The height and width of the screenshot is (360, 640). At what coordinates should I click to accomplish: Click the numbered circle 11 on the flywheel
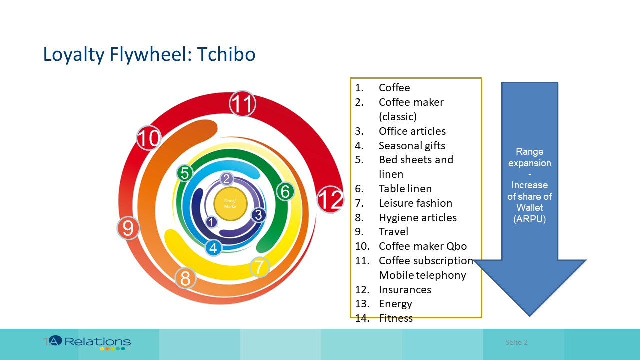(242, 105)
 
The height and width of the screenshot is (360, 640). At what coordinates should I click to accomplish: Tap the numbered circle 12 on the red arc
(330, 199)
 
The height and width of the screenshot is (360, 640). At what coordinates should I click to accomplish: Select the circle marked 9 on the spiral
(128, 228)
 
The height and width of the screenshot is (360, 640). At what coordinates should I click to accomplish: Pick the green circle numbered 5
(185, 173)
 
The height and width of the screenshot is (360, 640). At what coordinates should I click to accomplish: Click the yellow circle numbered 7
(259, 267)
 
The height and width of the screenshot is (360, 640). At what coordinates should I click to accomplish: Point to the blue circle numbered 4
(213, 247)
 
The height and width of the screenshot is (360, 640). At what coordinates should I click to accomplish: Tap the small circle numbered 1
(211, 222)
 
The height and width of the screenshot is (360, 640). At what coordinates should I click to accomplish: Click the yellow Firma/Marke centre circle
(230, 203)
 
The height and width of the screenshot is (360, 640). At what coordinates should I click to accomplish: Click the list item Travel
(393, 232)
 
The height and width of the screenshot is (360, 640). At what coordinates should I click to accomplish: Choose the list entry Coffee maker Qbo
(423, 246)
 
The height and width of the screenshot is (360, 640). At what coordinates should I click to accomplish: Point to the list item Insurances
(405, 290)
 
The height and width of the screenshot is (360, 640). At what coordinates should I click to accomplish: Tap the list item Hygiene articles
(417, 218)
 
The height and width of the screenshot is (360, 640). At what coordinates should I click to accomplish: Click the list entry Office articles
(412, 131)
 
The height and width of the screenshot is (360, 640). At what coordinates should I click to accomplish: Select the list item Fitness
(396, 318)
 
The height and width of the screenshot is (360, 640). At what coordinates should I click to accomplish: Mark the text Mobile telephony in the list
(422, 275)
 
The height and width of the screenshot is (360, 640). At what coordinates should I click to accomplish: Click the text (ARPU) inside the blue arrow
(529, 218)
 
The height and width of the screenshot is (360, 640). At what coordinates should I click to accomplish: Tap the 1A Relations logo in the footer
(87, 342)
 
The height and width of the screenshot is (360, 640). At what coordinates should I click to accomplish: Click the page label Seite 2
(516, 342)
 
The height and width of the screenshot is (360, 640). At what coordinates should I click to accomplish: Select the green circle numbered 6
(285, 191)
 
